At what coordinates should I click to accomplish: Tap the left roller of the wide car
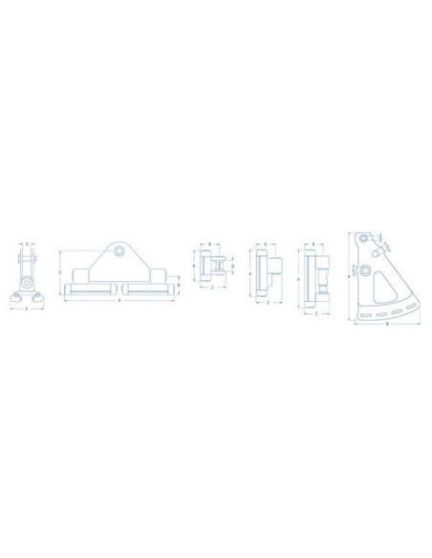94,287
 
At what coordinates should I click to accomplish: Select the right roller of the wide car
144,287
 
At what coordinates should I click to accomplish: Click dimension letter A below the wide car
119,301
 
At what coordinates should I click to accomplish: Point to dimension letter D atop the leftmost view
28,244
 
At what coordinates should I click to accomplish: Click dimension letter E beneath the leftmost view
28,311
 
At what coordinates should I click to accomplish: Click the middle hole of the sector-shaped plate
366,270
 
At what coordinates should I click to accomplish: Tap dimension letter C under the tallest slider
316,311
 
